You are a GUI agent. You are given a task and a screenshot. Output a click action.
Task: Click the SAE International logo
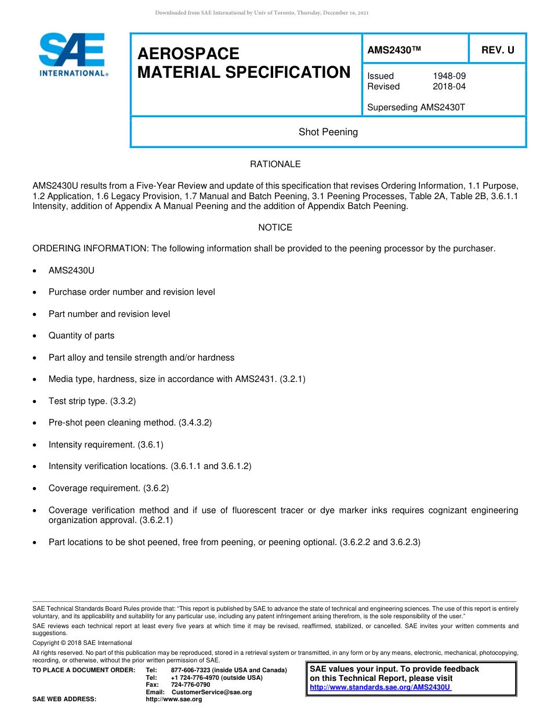point(72,55)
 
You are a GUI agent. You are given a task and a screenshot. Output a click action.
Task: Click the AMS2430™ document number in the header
point(394,51)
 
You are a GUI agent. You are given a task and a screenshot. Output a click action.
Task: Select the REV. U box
point(497,51)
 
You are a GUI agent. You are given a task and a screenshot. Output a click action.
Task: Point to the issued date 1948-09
point(449,76)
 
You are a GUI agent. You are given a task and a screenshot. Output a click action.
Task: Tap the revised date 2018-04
point(449,86)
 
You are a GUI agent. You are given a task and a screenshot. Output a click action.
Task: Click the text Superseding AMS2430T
point(416,107)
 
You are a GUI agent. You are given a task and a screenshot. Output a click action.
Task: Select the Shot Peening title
point(328,132)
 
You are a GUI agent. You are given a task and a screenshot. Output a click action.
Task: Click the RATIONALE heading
point(275,164)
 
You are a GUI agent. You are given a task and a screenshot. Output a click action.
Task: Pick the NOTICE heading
point(275,228)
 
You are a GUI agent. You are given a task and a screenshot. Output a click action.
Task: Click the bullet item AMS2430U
point(71,271)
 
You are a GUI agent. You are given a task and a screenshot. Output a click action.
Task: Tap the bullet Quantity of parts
point(81,336)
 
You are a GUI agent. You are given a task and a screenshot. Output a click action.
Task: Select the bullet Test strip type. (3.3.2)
point(92,401)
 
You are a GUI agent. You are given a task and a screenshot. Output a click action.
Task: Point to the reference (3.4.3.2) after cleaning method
point(195,423)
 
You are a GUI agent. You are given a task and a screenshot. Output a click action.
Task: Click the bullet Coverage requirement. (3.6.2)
point(108,488)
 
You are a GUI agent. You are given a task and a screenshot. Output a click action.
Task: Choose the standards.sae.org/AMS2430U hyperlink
point(380,687)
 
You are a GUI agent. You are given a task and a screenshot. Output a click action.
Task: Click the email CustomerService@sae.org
point(212,692)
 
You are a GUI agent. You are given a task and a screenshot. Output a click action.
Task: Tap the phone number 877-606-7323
point(191,670)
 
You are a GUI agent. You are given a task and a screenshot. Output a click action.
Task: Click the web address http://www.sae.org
point(173,699)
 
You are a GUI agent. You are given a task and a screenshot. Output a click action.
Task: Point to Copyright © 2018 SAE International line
point(82,643)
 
